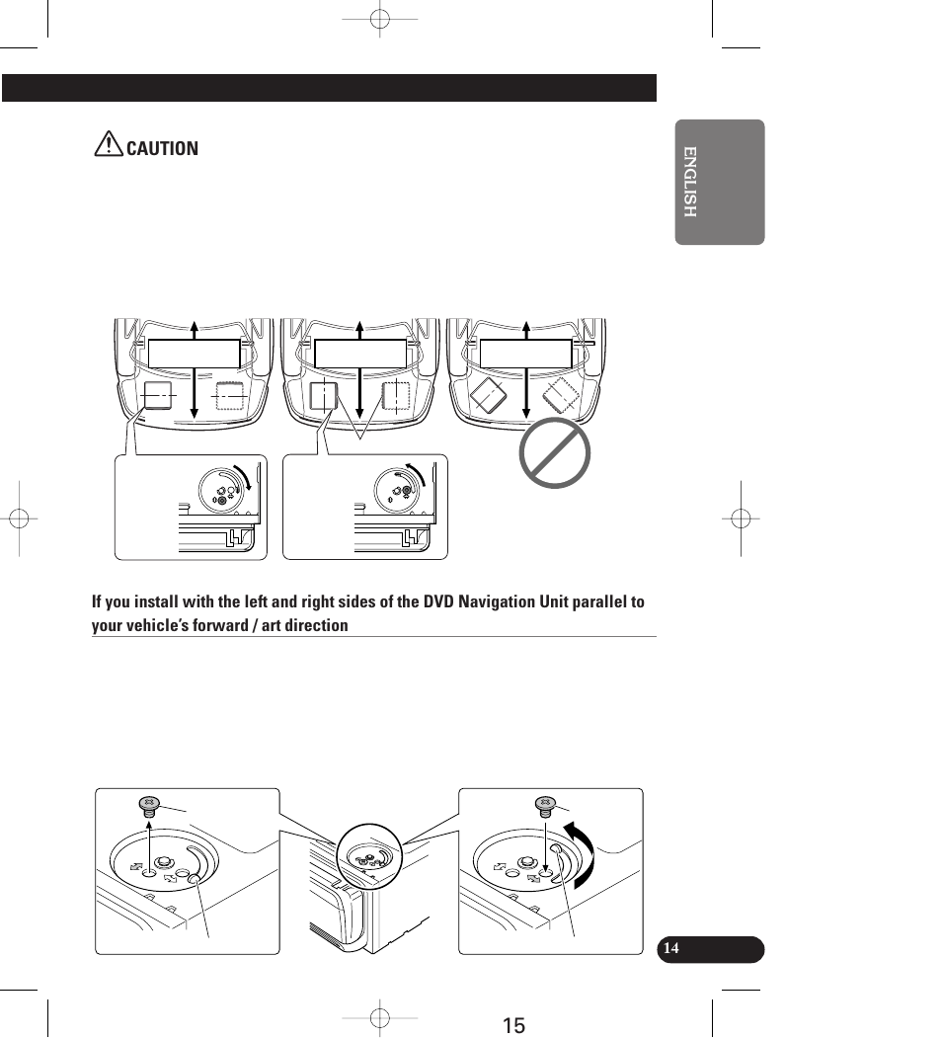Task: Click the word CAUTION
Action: pos(162,149)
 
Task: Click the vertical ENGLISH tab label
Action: pos(690,182)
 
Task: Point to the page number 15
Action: pos(512,1025)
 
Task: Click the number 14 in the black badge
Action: pos(671,949)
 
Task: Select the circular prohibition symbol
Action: pos(555,453)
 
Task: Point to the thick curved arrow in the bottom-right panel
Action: pos(582,854)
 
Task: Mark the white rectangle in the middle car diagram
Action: pos(360,354)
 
